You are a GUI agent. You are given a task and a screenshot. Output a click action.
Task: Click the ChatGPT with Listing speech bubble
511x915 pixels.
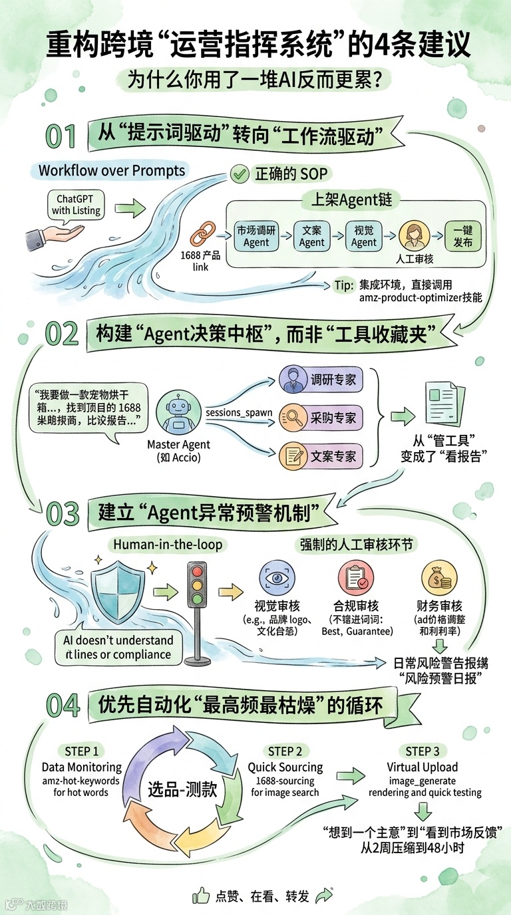(x=76, y=205)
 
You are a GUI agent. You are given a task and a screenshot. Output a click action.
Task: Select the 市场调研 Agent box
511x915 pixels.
(x=256, y=236)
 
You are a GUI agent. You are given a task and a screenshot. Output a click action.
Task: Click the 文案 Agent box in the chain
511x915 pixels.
(x=311, y=236)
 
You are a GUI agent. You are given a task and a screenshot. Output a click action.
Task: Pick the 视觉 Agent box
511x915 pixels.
(x=364, y=236)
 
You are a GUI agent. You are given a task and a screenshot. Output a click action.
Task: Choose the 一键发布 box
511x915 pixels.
(x=462, y=236)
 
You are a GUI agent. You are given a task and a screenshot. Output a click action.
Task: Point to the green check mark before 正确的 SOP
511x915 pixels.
(x=238, y=174)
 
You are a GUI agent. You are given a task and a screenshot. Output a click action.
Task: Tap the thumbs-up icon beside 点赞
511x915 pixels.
(x=201, y=896)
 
